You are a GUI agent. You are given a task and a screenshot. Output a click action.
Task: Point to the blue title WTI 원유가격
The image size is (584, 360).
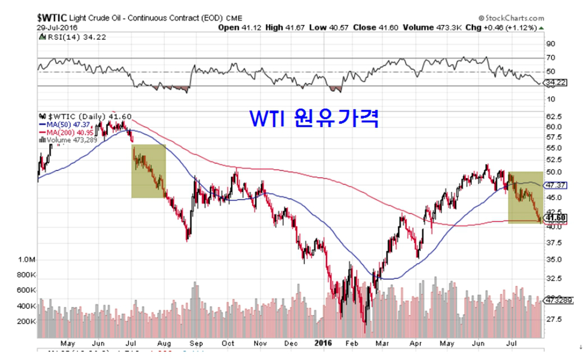[314, 118]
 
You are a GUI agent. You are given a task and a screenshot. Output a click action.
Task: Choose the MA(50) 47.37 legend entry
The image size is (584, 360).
[66, 125]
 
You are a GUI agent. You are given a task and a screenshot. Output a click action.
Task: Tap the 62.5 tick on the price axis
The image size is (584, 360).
[554, 116]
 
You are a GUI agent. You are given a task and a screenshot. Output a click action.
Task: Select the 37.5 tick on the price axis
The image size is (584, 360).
[554, 242]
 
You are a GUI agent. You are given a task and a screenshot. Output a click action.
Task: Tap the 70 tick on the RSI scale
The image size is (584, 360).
[550, 58]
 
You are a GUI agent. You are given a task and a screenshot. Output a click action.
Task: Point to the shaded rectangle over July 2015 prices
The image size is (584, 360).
[149, 171]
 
